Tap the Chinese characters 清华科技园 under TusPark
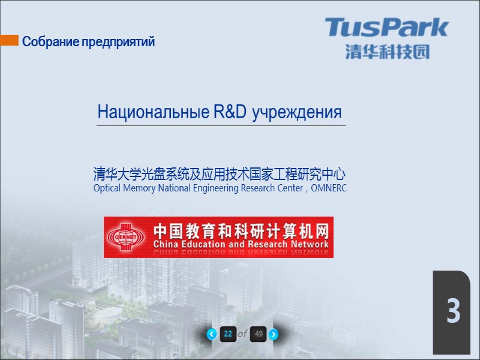pyautogui.click(x=387, y=51)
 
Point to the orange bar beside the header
pyautogui.click(x=9, y=40)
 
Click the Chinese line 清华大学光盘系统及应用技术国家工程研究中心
pyautogui.click(x=220, y=175)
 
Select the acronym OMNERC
pyautogui.click(x=329, y=188)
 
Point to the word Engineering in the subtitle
pyautogui.click(x=215, y=188)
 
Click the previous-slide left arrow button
pyautogui.click(x=211, y=334)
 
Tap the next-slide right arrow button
pyautogui.click(x=273, y=334)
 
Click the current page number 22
pyautogui.click(x=227, y=334)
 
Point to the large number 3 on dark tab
pyautogui.click(x=452, y=313)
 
